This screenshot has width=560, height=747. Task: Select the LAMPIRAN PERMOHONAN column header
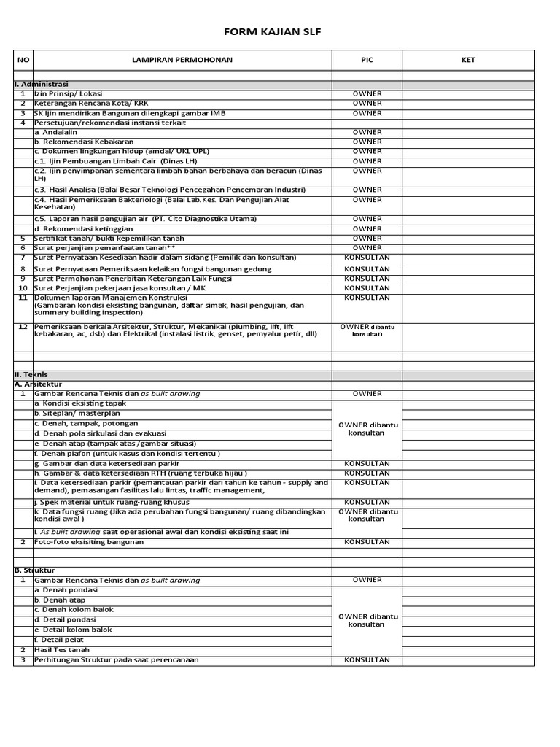(182, 60)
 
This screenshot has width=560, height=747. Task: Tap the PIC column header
(367, 60)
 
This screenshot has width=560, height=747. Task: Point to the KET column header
(468, 60)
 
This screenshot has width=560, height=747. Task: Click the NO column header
(23, 60)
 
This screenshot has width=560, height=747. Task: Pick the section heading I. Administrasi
(42, 85)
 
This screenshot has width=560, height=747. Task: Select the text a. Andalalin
(55, 133)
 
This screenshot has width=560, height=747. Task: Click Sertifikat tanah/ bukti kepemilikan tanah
(109, 239)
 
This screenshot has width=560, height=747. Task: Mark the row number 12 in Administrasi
(23, 327)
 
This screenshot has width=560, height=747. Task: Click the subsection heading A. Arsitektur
(39, 384)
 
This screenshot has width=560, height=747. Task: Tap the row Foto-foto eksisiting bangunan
(89, 542)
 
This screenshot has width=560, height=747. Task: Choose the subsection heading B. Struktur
(35, 570)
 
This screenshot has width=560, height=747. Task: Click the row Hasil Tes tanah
(62, 650)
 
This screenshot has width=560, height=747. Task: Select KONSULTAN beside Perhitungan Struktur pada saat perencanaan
(367, 660)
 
